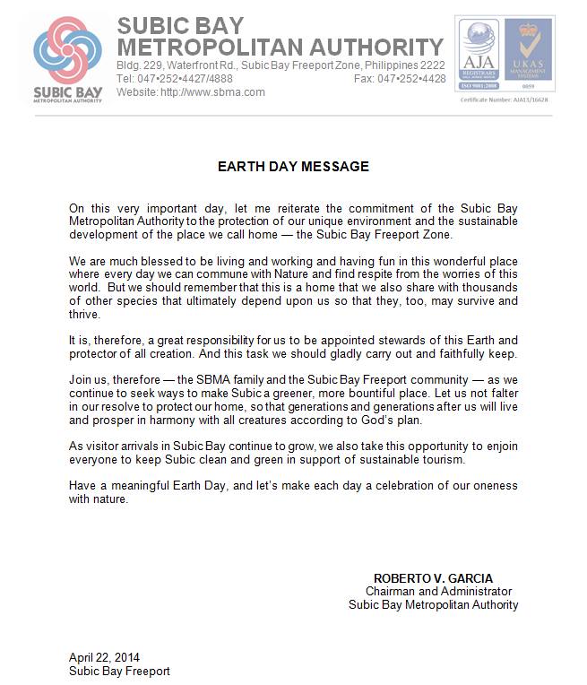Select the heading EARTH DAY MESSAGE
pyautogui.click(x=293, y=167)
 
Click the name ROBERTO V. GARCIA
pyautogui.click(x=433, y=578)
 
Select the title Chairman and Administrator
pyautogui.click(x=438, y=592)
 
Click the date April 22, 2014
pyautogui.click(x=104, y=657)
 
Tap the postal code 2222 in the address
pyautogui.click(x=433, y=65)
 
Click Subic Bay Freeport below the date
pyautogui.click(x=119, y=671)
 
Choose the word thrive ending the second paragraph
pyautogui.click(x=85, y=314)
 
